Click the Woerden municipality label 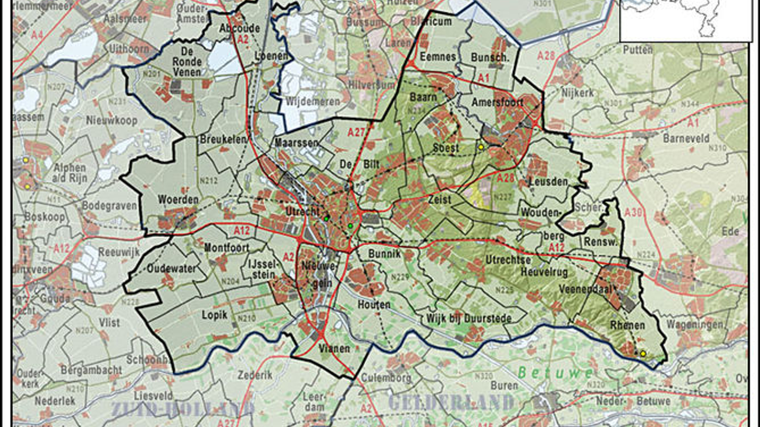pyautogui.click(x=178, y=200)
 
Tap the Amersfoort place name pyautogui.click(x=497, y=102)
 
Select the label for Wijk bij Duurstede pyautogui.click(x=469, y=318)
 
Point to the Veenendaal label pyautogui.click(x=586, y=289)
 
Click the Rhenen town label pyautogui.click(x=627, y=325)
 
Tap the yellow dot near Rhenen pyautogui.click(x=643, y=353)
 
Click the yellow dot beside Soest pyautogui.click(x=481, y=147)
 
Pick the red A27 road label pyautogui.click(x=356, y=132)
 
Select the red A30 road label pyautogui.click(x=633, y=212)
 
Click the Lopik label pyautogui.click(x=215, y=315)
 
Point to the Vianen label pyautogui.click(x=334, y=349)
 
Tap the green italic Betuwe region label pyautogui.click(x=555, y=373)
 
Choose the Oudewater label pyautogui.click(x=171, y=268)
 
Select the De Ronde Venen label pyautogui.click(x=187, y=62)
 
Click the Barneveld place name pyautogui.click(x=686, y=138)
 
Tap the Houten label pyautogui.click(x=374, y=304)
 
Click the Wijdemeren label pyautogui.click(x=313, y=102)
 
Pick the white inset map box pyautogui.click(x=686, y=20)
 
